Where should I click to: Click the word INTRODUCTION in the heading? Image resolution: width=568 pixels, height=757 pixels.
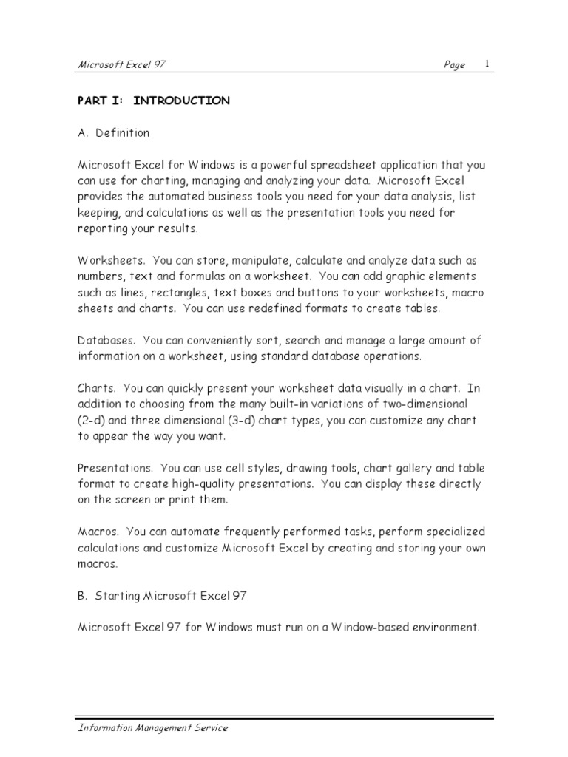pyautogui.click(x=181, y=101)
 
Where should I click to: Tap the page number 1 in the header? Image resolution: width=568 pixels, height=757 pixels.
pyautogui.click(x=487, y=64)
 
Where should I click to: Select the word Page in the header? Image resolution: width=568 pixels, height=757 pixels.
pyautogui.click(x=454, y=65)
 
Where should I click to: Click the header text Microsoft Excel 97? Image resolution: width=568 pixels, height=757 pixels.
pyautogui.click(x=122, y=65)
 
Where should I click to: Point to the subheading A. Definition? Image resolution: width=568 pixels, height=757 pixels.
pyautogui.click(x=113, y=133)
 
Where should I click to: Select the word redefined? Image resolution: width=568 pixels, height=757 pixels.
pyautogui.click(x=263, y=308)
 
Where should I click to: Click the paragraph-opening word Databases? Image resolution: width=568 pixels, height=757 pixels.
pyautogui.click(x=106, y=341)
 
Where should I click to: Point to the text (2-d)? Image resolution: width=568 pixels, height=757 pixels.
pyautogui.click(x=92, y=421)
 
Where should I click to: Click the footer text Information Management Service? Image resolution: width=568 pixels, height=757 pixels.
pyautogui.click(x=152, y=728)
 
